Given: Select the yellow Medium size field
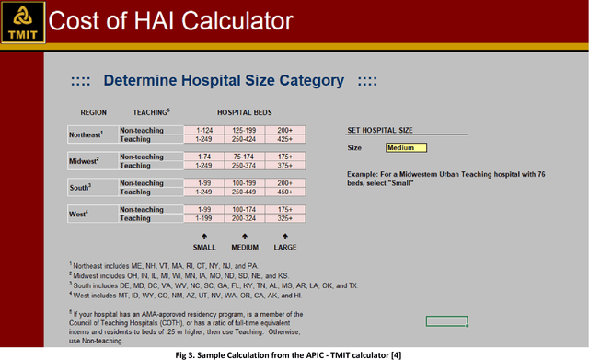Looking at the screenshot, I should [x=406, y=147].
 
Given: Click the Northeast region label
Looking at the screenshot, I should [x=88, y=134].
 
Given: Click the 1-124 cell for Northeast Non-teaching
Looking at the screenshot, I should [x=204, y=130].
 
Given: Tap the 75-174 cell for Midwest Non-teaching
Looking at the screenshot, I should [x=244, y=157].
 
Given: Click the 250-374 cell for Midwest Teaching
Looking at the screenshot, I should [x=244, y=166].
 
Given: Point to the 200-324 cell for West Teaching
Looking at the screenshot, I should [x=244, y=219].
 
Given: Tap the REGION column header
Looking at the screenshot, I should [x=93, y=111].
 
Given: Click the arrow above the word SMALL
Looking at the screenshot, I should [x=204, y=236].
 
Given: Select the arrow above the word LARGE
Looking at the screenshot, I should [x=284, y=236].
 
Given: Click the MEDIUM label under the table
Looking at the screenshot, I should [x=244, y=248].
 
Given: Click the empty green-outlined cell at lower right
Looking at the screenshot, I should [x=447, y=320].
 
